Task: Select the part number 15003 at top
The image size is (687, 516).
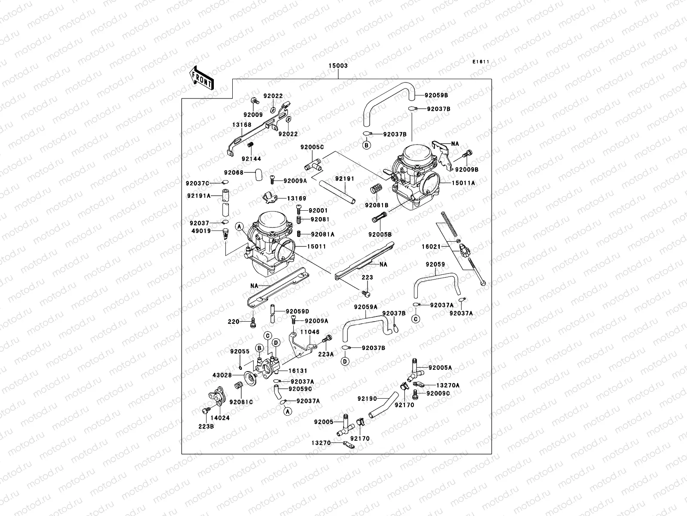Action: tap(338, 66)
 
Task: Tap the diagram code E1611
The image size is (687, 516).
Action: tap(481, 62)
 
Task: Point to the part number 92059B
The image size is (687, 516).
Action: tap(436, 95)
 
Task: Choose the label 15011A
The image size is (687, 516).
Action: tap(463, 183)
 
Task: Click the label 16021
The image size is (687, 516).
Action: tap(431, 247)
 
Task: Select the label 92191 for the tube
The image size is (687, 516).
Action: tap(345, 178)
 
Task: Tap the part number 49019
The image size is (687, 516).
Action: tap(201, 231)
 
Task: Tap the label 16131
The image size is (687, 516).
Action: tap(298, 370)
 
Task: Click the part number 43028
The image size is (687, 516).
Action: tap(222, 375)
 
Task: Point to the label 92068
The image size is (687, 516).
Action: tap(234, 173)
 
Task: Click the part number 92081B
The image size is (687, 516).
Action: tap(377, 206)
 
